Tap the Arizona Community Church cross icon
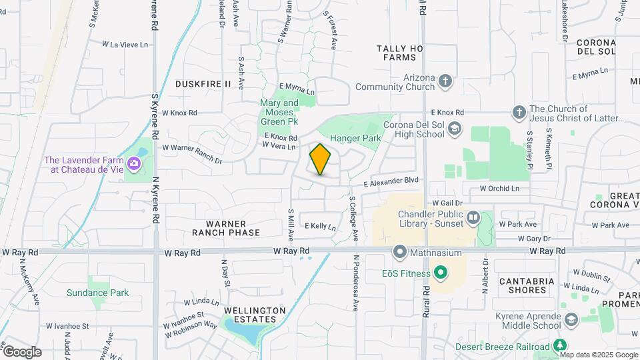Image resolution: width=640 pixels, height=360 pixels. tap(445, 81)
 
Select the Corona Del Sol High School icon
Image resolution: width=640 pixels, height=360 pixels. tap(454, 128)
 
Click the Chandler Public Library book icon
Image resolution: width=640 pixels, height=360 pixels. tap(473, 217)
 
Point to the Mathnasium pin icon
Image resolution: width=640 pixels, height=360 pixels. tap(399, 252)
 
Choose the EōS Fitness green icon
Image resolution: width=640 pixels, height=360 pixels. tap(439, 273)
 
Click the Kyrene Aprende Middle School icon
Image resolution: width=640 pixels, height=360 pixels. tap(571, 320)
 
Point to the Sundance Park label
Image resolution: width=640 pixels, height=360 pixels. tap(97, 293)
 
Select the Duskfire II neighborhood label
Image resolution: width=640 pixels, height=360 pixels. tap(203, 84)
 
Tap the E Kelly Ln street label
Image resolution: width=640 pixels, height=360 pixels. tap(320, 227)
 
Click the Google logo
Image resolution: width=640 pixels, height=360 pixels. tap(22, 351)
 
